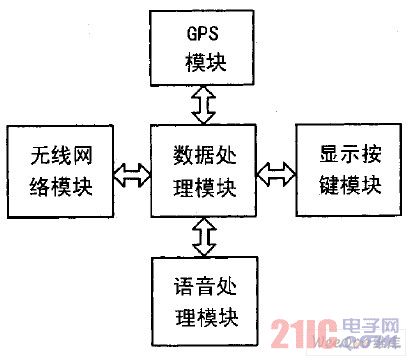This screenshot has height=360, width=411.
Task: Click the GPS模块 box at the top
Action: [x=205, y=46]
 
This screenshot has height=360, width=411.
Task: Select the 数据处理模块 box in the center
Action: [x=205, y=171]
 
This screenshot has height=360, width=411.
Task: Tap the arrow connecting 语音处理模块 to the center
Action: [x=205, y=237]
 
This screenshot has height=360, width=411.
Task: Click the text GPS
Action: [x=206, y=31]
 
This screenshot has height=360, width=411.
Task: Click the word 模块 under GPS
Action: [x=206, y=61]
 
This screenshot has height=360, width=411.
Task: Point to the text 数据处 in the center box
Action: [x=205, y=156]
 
